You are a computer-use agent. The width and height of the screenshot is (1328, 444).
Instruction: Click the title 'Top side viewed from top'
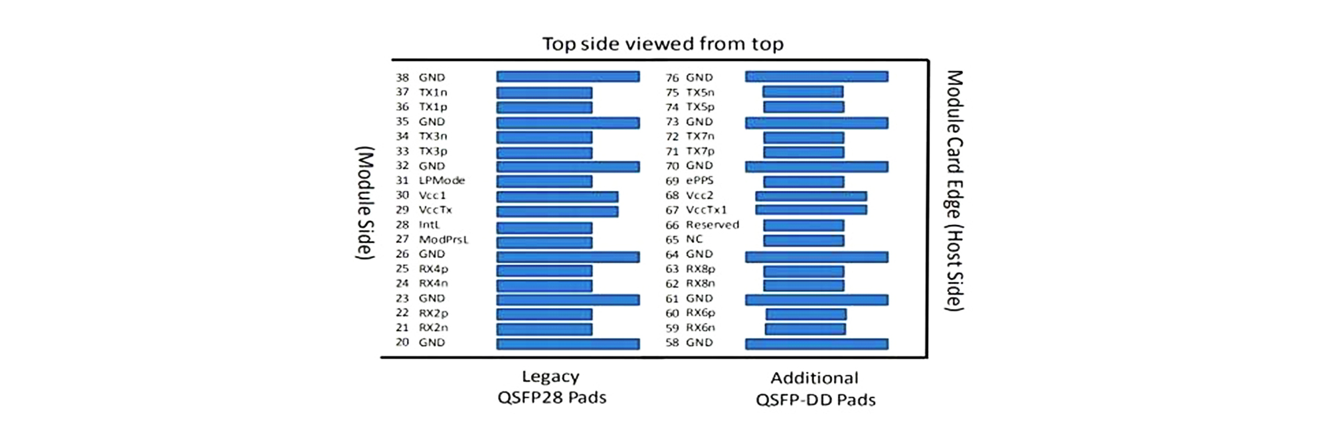point(663,44)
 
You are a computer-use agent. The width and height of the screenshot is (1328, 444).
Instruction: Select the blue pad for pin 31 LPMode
point(544,181)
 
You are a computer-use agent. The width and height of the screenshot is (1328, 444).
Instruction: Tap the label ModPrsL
point(443,240)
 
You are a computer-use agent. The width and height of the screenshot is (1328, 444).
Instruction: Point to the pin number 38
point(402,78)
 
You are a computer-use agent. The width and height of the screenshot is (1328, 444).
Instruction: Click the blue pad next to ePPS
point(803,181)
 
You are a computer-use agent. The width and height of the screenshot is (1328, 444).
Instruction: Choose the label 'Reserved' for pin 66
point(712,225)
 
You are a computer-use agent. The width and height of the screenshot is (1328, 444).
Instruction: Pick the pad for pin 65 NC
point(803,240)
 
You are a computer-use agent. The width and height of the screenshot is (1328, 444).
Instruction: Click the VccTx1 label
point(706,210)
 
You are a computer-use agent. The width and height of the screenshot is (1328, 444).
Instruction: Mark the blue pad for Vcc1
point(557,196)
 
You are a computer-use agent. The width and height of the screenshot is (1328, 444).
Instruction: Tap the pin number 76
point(672,78)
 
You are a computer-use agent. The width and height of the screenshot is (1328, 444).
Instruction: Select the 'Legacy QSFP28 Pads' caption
point(551,387)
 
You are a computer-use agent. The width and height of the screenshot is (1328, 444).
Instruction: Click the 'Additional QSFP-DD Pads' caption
point(815,388)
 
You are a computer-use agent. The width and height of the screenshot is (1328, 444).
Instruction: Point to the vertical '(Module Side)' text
point(365,203)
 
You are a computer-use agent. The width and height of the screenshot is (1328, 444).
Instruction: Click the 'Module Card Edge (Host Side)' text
point(954,190)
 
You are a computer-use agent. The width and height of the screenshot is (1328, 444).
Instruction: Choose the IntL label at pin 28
point(429,225)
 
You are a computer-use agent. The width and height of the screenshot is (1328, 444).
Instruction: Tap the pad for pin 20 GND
point(568,344)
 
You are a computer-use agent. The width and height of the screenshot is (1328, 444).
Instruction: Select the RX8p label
point(700,269)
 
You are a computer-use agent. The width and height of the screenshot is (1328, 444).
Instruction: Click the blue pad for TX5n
point(803,92)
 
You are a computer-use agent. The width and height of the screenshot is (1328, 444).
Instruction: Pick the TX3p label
point(432,151)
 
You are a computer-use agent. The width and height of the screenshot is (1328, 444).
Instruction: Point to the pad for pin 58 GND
point(816,344)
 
